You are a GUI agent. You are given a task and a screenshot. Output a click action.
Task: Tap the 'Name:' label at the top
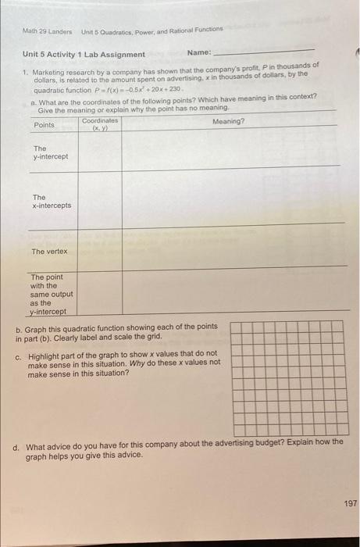point(198,53)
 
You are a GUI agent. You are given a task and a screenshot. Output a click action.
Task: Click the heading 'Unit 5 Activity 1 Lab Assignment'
point(82,54)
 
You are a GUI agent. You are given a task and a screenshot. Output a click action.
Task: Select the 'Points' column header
point(45,125)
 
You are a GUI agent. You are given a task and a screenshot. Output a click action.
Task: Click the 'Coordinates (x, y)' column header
point(99,124)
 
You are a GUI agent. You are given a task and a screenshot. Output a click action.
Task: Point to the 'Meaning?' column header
point(228,122)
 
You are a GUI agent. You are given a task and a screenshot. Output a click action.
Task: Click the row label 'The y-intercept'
point(50,152)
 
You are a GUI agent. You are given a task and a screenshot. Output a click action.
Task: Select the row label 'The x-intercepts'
point(51,202)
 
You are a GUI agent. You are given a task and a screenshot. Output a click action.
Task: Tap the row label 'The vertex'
point(49,252)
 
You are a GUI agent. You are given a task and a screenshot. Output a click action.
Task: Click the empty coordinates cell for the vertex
point(99,248)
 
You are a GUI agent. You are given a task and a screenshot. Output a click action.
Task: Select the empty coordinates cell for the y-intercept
point(99,150)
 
